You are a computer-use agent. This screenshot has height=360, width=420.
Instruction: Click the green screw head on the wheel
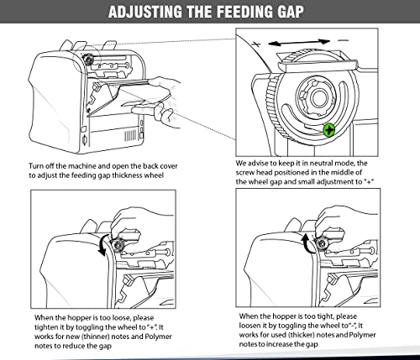coord(329,130)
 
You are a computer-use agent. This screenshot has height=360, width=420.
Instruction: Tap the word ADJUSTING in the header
coord(145,12)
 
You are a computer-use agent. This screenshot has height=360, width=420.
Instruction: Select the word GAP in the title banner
coord(290,12)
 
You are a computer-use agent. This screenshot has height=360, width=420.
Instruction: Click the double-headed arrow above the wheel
coord(299,43)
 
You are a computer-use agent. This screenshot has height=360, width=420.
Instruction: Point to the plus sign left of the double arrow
coord(256,44)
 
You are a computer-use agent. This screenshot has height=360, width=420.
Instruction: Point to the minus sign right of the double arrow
coord(343,40)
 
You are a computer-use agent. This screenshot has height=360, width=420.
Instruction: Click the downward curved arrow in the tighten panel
coord(102,245)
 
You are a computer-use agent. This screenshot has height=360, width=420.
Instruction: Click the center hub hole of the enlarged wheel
coord(319,97)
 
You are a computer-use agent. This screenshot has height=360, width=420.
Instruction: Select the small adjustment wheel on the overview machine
coord(89,59)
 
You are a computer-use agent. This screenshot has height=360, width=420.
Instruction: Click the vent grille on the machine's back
coord(130,136)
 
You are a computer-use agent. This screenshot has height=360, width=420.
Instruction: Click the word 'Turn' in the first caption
coord(36,166)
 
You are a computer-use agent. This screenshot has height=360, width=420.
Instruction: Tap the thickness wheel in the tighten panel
coord(118,244)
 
